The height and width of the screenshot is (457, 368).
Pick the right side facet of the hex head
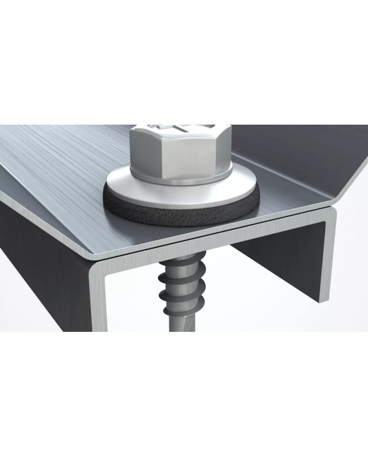(x=223, y=150)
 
